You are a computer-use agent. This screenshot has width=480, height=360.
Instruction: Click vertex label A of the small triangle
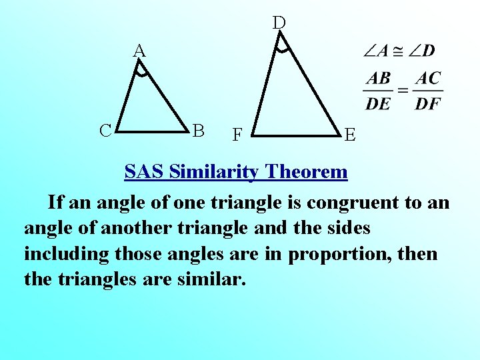pyautogui.click(x=139, y=50)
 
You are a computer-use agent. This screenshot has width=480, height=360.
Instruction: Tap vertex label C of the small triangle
pyautogui.click(x=105, y=129)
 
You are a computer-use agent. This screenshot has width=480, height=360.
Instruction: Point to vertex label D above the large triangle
pyautogui.click(x=279, y=23)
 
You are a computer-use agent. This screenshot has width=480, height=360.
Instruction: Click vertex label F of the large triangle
pyautogui.click(x=237, y=135)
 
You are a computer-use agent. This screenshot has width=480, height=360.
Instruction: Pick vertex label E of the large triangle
pyautogui.click(x=351, y=135)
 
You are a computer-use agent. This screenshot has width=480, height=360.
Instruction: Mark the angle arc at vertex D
pyautogui.click(x=284, y=47)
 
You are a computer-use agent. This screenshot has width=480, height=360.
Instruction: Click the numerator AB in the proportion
pyautogui.click(x=379, y=78)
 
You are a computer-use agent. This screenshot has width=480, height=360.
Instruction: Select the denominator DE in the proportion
pyautogui.click(x=379, y=103)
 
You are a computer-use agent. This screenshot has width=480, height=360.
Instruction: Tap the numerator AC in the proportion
pyautogui.click(x=427, y=78)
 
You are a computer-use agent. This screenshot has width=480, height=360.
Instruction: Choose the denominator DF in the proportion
pyautogui.click(x=427, y=103)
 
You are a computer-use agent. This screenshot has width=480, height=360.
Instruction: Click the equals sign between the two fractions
pyautogui.click(x=403, y=90)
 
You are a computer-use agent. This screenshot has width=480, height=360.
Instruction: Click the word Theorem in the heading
pyautogui.click(x=306, y=172)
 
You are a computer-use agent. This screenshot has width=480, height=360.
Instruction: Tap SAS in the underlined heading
pyautogui.click(x=144, y=172)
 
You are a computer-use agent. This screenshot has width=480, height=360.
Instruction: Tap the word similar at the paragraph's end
pyautogui.click(x=213, y=279)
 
